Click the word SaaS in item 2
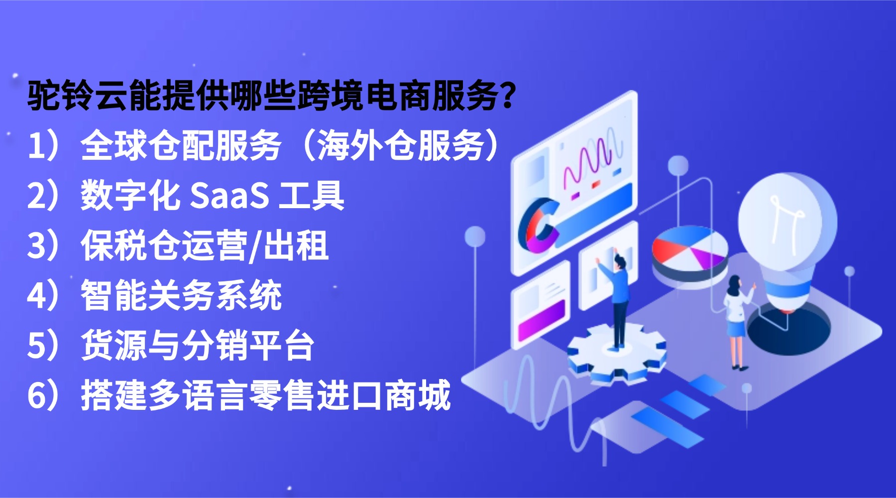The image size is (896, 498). point(229,196)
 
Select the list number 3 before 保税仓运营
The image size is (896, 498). point(37,246)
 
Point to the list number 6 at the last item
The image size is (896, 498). point(37,395)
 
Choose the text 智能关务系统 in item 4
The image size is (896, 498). point(181,296)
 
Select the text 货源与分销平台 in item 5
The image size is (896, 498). point(198,346)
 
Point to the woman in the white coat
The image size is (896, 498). point(737,319)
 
